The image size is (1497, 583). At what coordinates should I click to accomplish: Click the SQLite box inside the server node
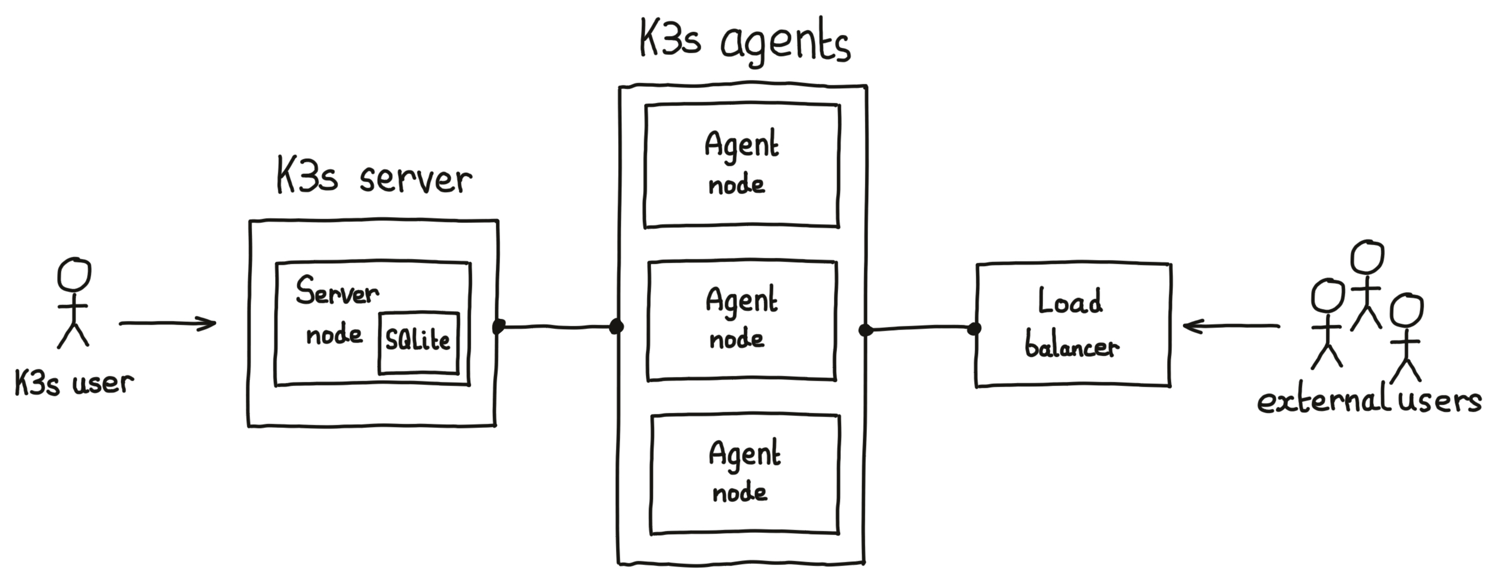click(419, 343)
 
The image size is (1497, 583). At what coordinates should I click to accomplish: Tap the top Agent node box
click(741, 166)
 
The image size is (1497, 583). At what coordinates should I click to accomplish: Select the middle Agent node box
click(741, 321)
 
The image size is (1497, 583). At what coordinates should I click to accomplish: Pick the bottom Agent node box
click(745, 474)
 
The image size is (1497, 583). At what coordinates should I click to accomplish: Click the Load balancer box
click(1073, 325)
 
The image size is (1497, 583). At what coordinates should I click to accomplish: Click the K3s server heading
click(373, 176)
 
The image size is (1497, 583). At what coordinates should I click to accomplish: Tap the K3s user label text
click(74, 383)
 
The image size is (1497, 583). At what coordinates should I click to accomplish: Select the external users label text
click(1369, 401)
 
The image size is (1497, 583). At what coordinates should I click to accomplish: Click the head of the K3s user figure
click(74, 275)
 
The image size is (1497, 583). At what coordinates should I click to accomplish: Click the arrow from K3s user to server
click(167, 323)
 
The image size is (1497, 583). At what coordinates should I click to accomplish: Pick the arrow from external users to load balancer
click(1231, 326)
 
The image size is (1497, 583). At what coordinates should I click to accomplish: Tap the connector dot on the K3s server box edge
click(498, 326)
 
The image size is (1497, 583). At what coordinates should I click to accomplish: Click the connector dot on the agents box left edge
click(616, 327)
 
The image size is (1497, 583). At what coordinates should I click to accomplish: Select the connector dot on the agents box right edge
click(865, 330)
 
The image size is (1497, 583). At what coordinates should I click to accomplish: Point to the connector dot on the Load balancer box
click(974, 329)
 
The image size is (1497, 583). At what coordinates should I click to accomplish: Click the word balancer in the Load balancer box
click(1071, 346)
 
